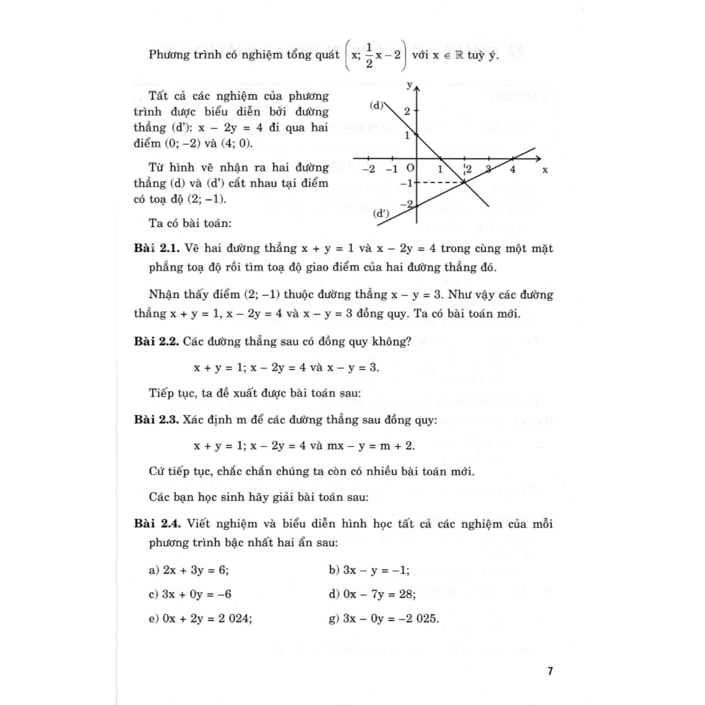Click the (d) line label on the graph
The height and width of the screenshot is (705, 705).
click(x=376, y=105)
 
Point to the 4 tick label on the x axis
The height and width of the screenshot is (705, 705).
click(x=512, y=169)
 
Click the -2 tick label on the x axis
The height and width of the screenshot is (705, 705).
click(x=369, y=169)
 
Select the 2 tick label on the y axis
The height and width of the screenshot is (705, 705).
click(x=408, y=111)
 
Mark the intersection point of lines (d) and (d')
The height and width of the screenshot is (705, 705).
click(x=465, y=182)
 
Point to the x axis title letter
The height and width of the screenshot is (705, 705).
click(x=545, y=169)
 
